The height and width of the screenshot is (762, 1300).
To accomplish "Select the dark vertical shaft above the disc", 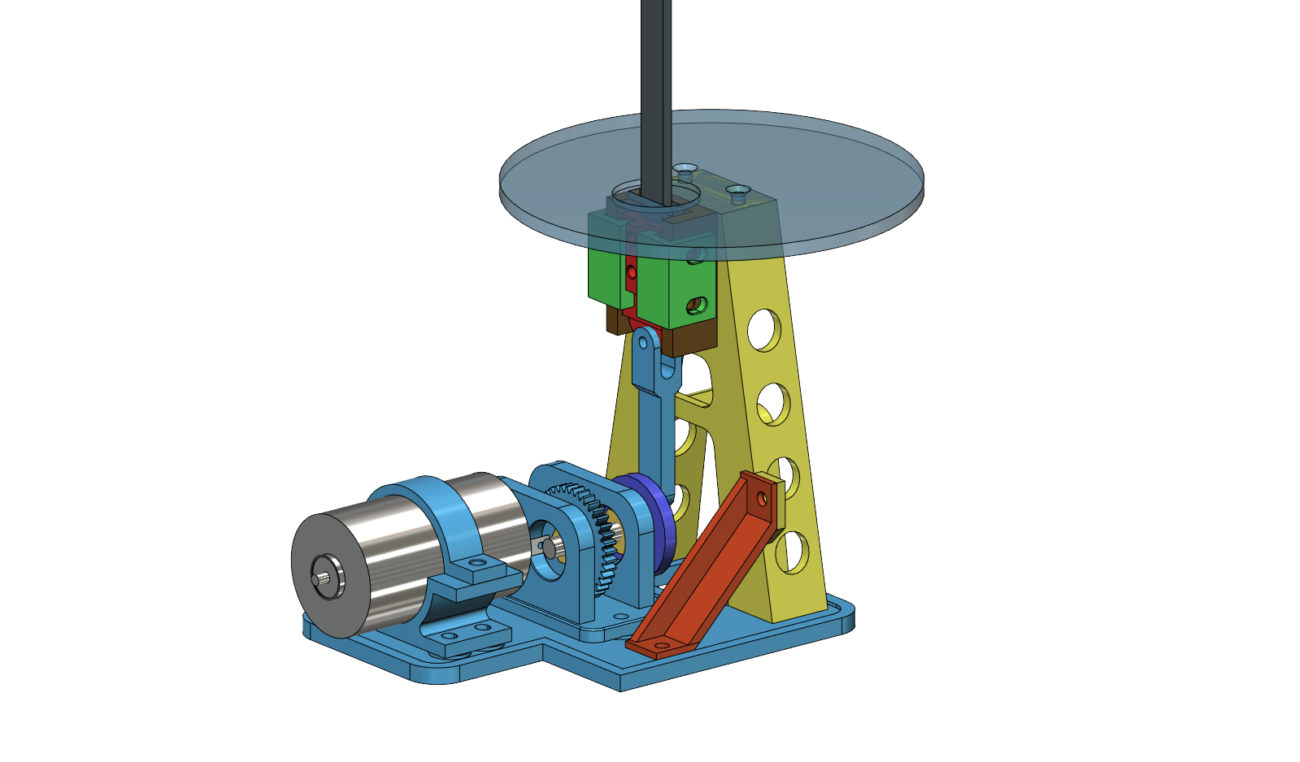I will click(x=655, y=65).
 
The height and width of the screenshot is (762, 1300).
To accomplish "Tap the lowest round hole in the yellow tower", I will click(x=787, y=550).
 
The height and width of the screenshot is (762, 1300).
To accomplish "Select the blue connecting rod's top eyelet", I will click(x=646, y=340).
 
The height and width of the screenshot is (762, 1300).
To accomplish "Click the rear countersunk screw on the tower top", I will click(x=685, y=170).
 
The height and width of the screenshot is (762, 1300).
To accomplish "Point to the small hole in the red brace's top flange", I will click(x=762, y=496).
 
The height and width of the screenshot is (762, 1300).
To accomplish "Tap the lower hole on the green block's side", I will click(x=695, y=307).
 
